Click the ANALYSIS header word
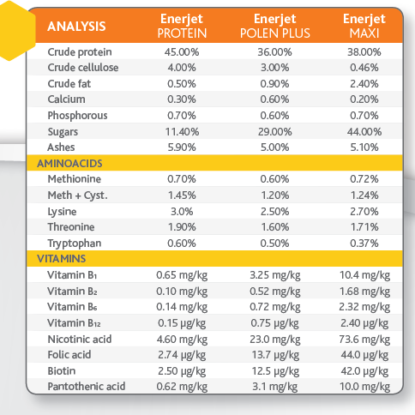pyautogui.click(x=76, y=27)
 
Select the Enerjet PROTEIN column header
pyautogui.click(x=182, y=26)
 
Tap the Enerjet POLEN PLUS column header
pyautogui.click(x=275, y=26)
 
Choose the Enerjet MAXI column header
pyautogui.click(x=364, y=26)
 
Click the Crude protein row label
pyautogui.click(x=80, y=52)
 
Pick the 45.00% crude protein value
pyautogui.click(x=182, y=52)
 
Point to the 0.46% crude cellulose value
pyautogui.click(x=364, y=68)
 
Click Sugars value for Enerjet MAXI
pyautogui.click(x=364, y=132)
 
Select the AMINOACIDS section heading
pyautogui.click(x=69, y=164)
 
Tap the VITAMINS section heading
pyautogui.click(x=62, y=259)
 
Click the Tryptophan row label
pyautogui.click(x=75, y=244)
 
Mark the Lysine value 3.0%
pyautogui.click(x=182, y=212)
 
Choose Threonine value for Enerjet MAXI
pyautogui.click(x=364, y=227)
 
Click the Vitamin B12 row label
pyautogui.click(x=74, y=323)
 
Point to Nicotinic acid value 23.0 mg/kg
pyautogui.click(x=275, y=340)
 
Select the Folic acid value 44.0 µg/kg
pyautogui.click(x=364, y=355)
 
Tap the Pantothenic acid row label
pyautogui.click(x=87, y=387)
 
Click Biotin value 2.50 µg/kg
pyautogui.click(x=182, y=371)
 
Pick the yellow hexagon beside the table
pyautogui.click(x=13, y=31)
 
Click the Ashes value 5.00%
pyautogui.click(x=275, y=147)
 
